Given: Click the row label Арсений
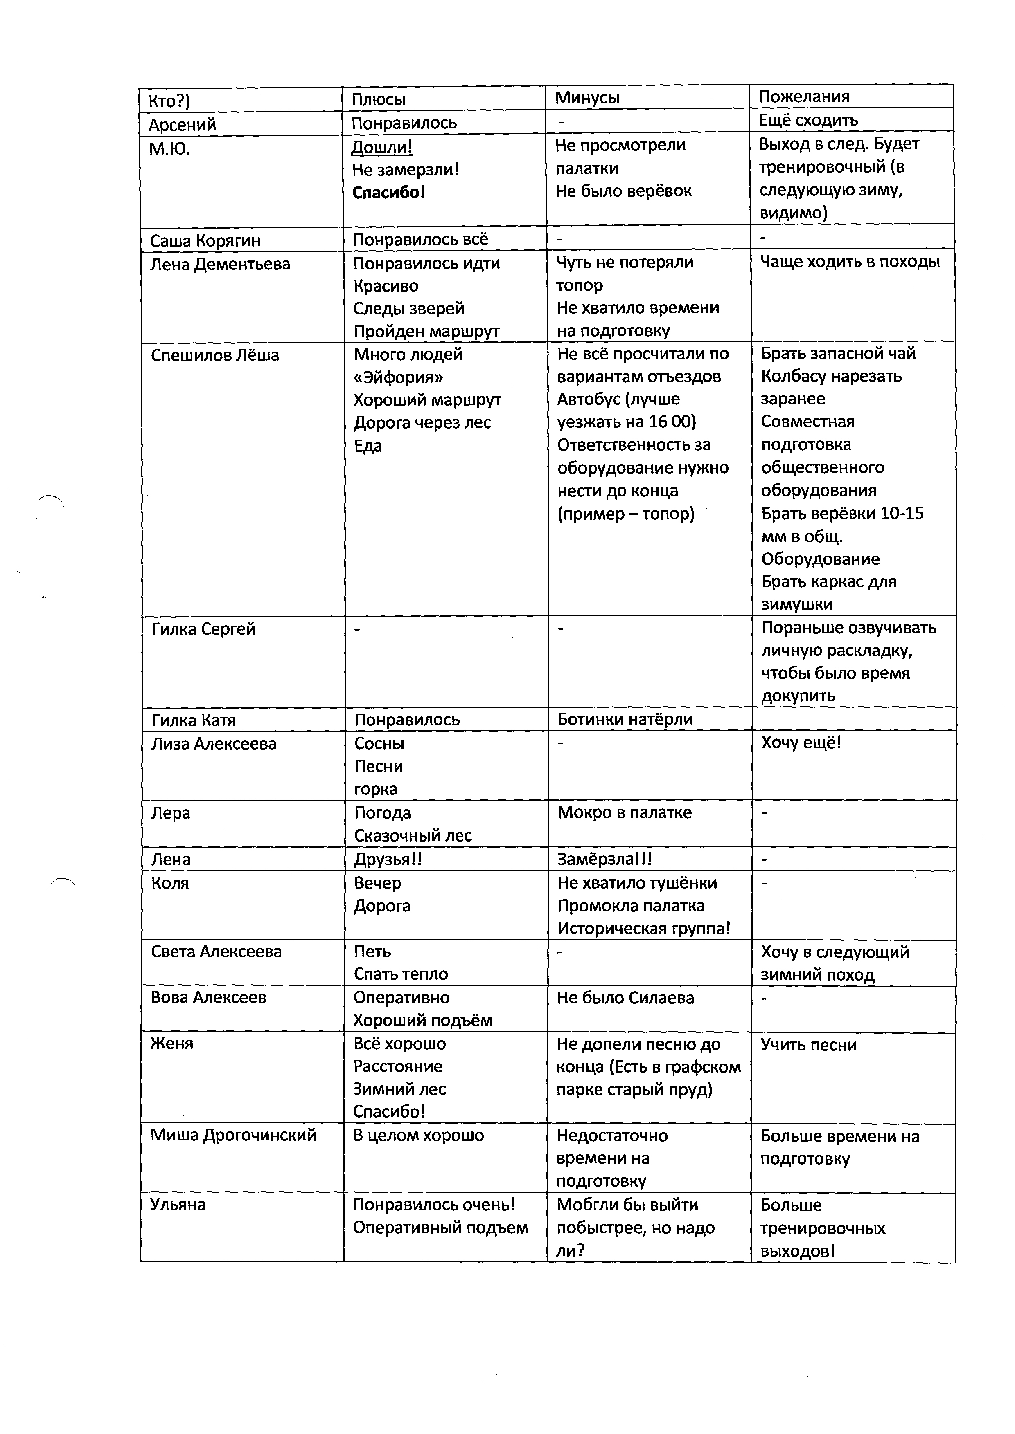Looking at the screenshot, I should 182,125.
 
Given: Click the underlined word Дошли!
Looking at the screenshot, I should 381,147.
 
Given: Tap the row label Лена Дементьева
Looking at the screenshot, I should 220,264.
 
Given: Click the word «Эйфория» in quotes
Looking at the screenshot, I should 398,377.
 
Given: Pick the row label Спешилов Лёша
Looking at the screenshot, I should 215,355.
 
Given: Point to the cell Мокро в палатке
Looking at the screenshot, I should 625,812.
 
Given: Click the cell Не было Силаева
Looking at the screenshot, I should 625,998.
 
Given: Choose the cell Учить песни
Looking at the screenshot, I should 808,1045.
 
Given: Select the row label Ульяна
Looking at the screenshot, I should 178,1204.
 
